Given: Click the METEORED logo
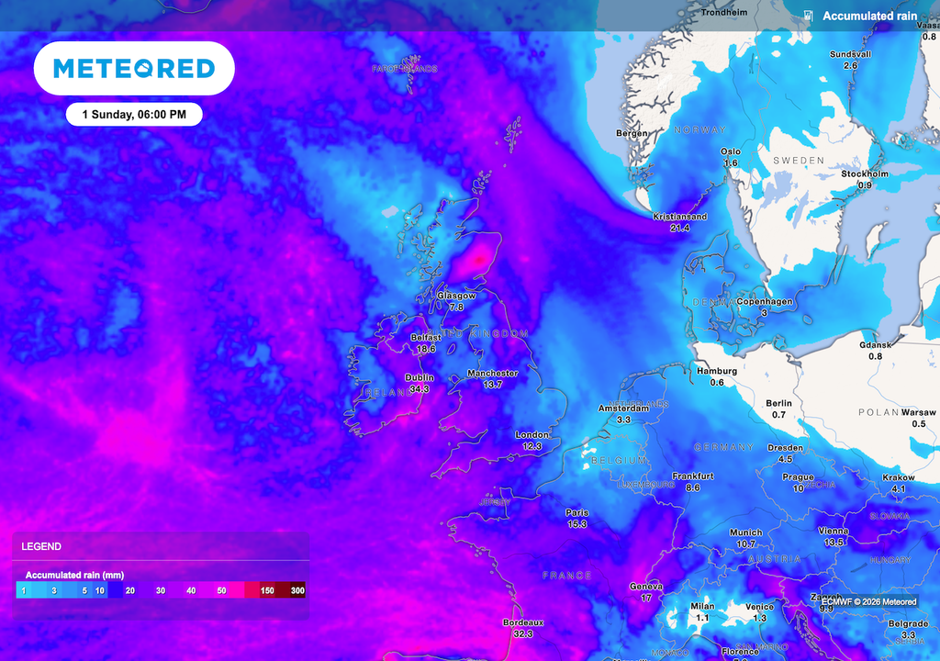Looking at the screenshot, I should point(134,68).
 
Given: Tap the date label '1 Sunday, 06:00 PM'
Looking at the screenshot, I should point(134,115).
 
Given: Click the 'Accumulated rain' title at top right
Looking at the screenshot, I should point(869,16).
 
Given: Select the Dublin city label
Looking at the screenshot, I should point(420,377).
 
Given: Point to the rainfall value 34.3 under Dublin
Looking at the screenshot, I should point(420,388).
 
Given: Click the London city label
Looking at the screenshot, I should point(532,434).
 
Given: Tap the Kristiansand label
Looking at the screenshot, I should point(679,217).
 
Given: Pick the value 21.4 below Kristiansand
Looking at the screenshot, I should point(679,228).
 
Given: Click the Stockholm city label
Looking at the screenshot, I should point(865,174).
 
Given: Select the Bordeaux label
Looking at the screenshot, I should point(523,622).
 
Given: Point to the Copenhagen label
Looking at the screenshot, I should point(764,301).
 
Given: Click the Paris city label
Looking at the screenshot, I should point(576,512).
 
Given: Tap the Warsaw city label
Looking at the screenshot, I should point(918,412).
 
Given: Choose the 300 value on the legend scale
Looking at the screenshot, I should point(297,590).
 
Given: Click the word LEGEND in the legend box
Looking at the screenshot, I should point(41,546).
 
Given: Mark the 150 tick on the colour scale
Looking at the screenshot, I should point(266,590).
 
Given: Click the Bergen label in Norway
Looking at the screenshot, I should point(632,133).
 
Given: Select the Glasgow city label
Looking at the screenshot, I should point(456,296).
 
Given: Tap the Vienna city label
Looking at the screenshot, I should point(833,531).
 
